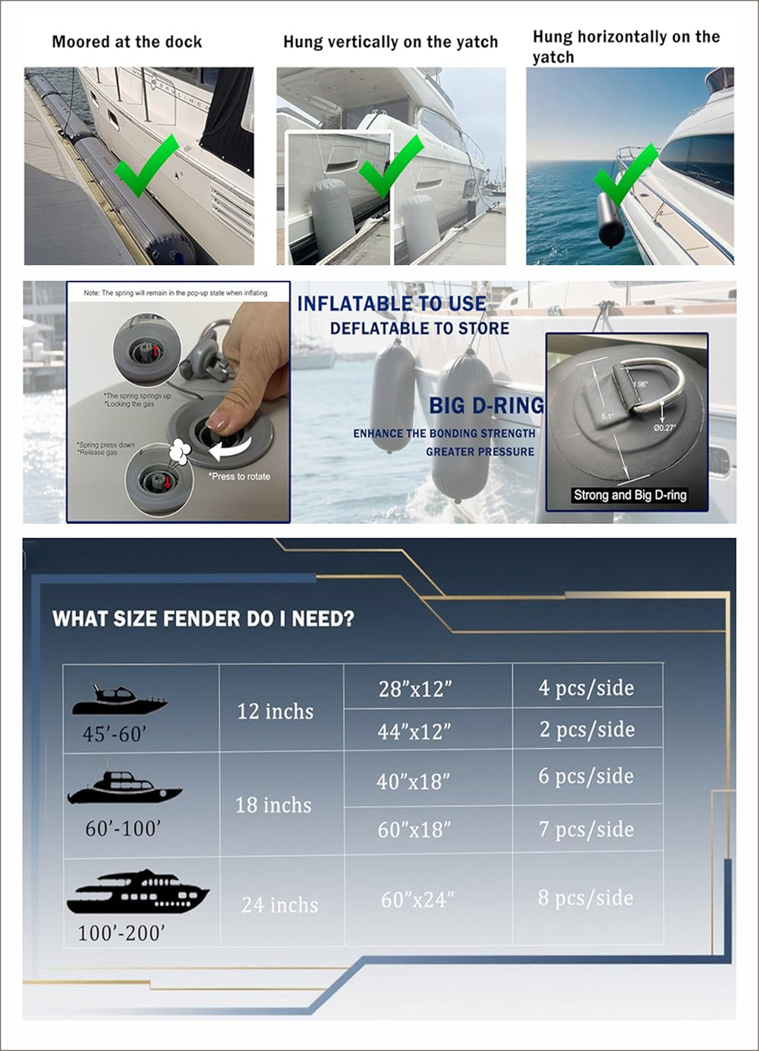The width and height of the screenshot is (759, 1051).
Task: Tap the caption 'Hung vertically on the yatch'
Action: (390, 42)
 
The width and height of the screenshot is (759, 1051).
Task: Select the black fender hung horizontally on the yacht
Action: (609, 219)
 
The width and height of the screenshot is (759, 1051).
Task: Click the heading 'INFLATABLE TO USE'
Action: (392, 304)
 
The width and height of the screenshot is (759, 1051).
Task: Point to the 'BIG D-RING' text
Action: (487, 406)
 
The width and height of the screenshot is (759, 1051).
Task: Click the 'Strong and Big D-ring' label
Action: (630, 495)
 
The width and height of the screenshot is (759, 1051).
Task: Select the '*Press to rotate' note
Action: (239, 477)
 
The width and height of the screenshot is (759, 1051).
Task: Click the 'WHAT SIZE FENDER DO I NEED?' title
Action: (203, 619)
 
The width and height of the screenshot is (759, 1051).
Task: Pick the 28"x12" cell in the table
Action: (415, 689)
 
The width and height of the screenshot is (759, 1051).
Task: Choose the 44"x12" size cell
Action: (414, 731)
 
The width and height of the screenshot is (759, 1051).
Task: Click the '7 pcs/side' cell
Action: (586, 829)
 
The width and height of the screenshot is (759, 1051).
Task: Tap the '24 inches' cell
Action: (279, 904)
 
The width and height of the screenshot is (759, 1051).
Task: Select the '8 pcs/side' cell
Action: (585, 898)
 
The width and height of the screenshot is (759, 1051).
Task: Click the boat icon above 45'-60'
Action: (119, 700)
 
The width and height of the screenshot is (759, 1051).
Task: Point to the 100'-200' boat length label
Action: (121, 933)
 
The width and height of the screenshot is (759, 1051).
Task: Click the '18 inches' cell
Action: (273, 805)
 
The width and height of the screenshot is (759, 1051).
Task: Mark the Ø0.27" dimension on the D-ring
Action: (664, 428)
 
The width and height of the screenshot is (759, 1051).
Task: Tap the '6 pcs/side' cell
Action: (586, 776)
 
